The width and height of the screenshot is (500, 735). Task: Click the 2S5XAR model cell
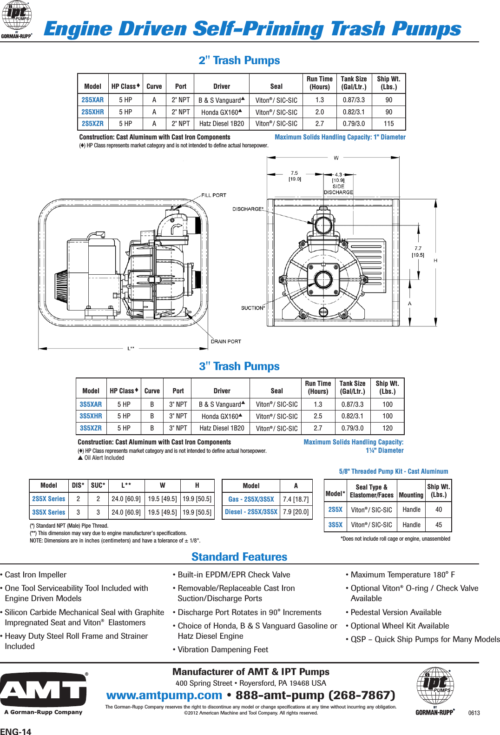point(92,100)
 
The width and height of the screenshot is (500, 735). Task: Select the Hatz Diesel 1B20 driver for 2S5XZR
point(222,124)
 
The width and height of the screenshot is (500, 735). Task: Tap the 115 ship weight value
point(388,124)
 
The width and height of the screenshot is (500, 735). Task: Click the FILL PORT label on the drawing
point(213,195)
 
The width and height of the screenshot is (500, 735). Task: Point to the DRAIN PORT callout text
point(226,341)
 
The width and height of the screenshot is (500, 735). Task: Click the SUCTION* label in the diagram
point(253,308)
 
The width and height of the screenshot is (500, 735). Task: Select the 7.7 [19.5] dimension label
point(418,252)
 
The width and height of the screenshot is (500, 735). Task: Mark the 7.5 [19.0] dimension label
point(295,176)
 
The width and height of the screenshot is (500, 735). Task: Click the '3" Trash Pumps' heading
point(239,366)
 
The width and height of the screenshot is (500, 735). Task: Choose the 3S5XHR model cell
point(91,416)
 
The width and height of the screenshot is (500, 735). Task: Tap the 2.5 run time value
point(318,416)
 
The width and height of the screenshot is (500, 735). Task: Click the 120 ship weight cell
point(388,428)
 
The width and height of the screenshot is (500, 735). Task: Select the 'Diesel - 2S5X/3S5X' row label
point(251,512)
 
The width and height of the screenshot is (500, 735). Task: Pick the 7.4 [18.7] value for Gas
point(296,499)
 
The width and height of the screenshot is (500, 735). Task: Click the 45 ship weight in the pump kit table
point(438,524)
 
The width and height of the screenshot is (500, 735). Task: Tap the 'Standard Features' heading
point(239,556)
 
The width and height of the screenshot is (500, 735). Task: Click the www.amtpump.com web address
point(164,695)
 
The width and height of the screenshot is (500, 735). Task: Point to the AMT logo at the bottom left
point(43,691)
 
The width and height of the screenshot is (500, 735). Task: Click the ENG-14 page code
point(16,731)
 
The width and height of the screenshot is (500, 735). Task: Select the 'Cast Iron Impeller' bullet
point(35,575)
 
